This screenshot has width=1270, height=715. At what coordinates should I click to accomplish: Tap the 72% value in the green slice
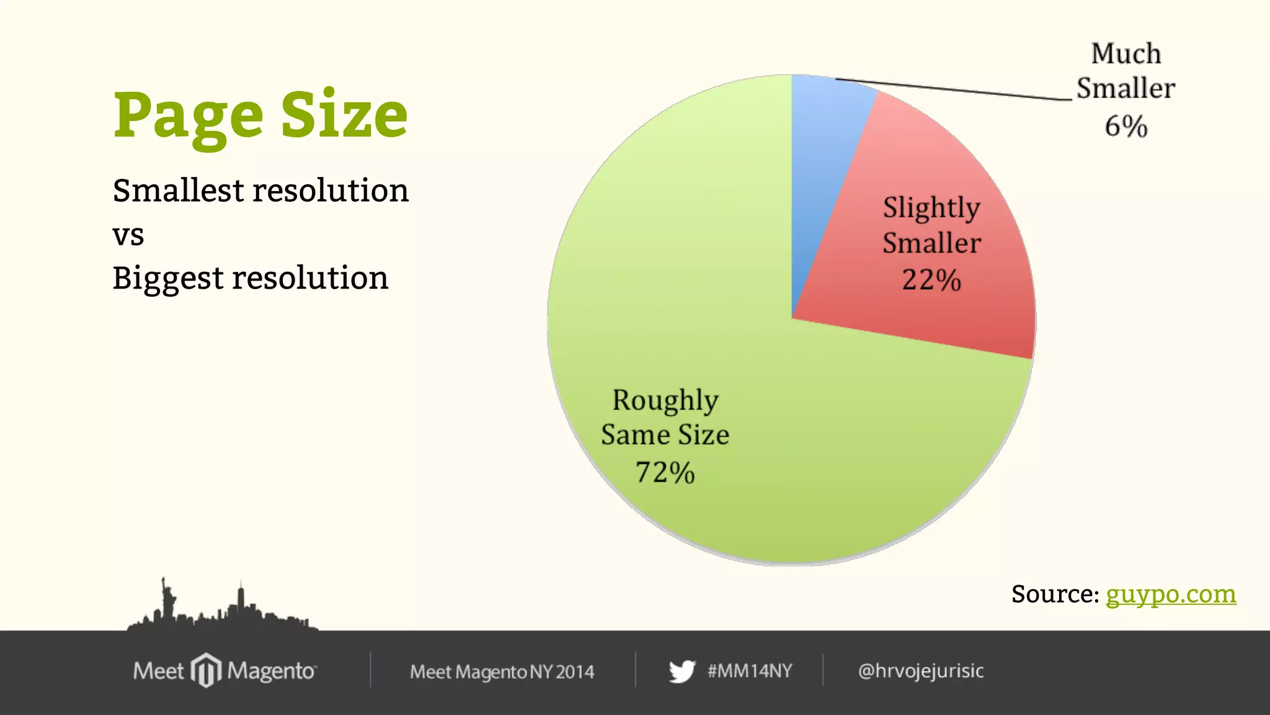point(665,472)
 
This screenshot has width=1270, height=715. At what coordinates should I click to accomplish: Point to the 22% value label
point(931,280)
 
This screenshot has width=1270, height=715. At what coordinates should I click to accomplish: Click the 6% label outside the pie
point(1126,127)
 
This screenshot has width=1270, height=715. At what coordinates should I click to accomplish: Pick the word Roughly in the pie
point(665,401)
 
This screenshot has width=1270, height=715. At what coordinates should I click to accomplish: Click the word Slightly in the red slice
point(931,208)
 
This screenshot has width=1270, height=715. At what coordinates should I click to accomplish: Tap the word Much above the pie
point(1126,54)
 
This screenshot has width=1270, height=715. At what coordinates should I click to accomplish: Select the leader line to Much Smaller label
point(955,89)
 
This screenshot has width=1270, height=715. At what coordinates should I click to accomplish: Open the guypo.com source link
point(1171,594)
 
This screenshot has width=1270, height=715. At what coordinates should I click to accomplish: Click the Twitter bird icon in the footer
point(682,671)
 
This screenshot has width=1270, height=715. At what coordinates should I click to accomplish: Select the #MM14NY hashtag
point(750,671)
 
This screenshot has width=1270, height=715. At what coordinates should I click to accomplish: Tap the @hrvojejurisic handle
point(921,671)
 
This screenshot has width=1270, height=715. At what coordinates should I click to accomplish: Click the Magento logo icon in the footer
point(206,670)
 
